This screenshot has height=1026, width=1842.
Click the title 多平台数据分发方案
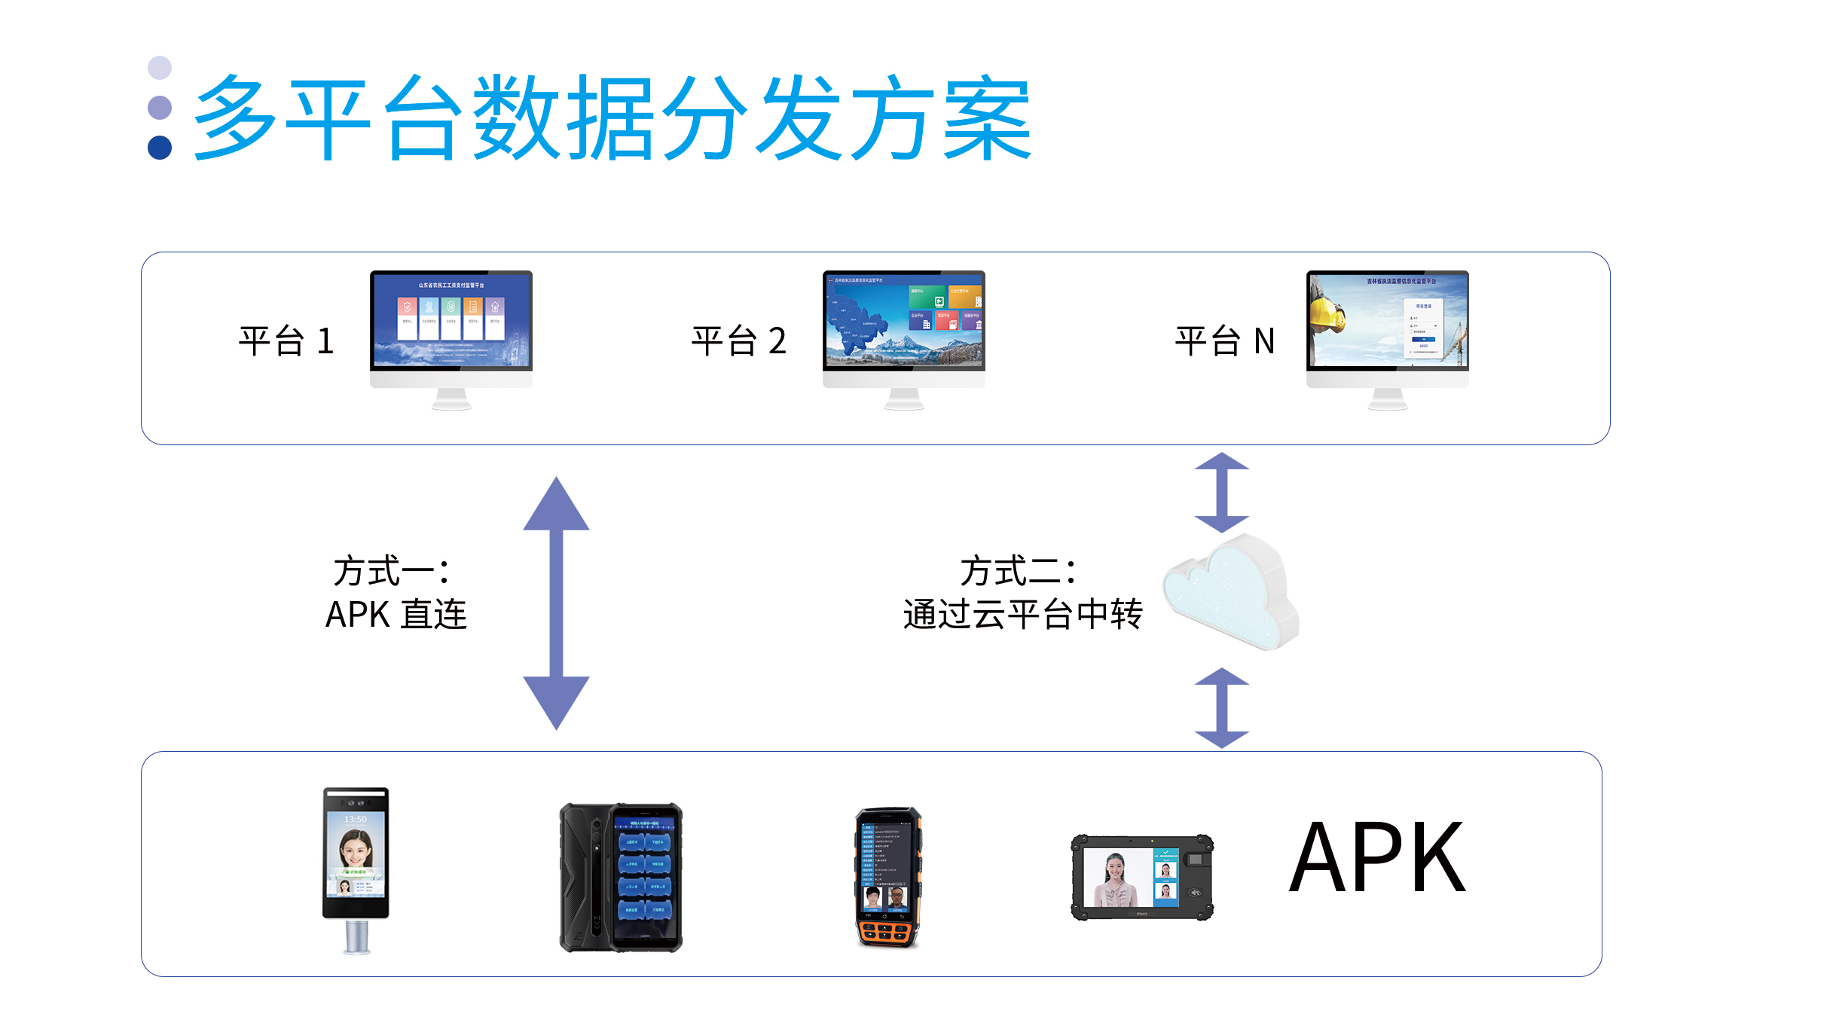tap(612, 118)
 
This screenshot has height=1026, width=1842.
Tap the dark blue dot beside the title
tap(160, 148)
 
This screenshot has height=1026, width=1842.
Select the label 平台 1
tap(286, 341)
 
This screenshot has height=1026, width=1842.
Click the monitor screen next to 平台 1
tap(451, 320)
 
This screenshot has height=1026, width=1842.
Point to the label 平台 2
tap(739, 341)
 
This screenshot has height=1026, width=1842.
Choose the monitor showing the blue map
tap(903, 320)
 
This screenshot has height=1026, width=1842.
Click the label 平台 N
tap(1225, 341)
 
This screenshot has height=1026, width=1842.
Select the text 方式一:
tap(392, 571)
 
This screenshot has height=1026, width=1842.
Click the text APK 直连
tap(396, 615)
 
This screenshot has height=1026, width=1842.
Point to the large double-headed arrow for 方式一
tap(556, 603)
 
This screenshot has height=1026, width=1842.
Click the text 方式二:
tap(1018, 571)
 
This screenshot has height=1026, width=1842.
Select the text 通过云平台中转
tap(1022, 615)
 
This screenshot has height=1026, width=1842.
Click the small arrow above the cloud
tap(1222, 492)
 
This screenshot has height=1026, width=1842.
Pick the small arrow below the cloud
tap(1222, 707)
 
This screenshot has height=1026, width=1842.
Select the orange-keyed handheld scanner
tap(888, 878)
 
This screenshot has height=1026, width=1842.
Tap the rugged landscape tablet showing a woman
tap(1142, 878)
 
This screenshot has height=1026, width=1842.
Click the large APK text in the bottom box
tap(1377, 859)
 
